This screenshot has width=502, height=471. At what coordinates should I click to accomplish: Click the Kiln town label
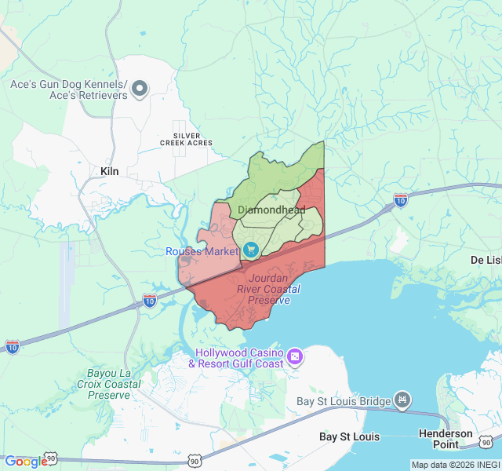click(x=109, y=170)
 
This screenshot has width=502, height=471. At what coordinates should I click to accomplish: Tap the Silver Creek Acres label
click(x=186, y=138)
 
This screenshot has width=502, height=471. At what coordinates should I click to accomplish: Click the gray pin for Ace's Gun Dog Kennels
click(x=140, y=89)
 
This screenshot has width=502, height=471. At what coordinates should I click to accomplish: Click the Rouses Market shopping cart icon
click(x=251, y=250)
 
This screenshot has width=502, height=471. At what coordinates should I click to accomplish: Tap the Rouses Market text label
click(x=202, y=251)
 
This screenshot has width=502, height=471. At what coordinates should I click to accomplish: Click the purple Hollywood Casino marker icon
click(x=296, y=357)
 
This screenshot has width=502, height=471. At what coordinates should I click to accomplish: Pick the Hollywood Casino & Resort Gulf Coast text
click(x=236, y=358)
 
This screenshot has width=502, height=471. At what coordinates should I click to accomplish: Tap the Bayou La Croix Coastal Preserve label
click(x=109, y=384)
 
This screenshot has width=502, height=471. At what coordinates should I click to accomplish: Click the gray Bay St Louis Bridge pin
click(x=402, y=401)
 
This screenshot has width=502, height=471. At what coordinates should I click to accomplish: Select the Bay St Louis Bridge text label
click(x=343, y=402)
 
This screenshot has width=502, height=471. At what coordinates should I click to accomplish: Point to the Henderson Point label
click(x=446, y=439)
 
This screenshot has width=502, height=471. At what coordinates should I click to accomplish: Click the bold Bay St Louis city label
click(x=350, y=436)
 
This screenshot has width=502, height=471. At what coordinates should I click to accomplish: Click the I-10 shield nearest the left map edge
click(x=13, y=346)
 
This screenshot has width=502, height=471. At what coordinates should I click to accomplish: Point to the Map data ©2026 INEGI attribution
click(x=455, y=465)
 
